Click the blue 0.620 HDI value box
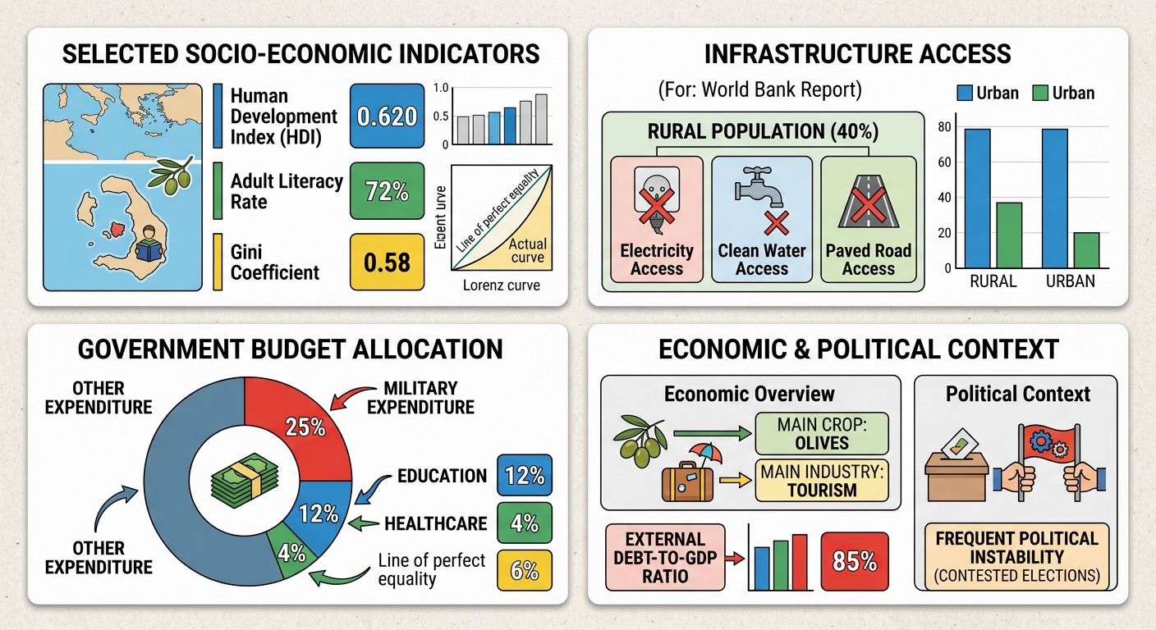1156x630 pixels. click(x=387, y=116)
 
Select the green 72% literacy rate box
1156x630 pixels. click(x=387, y=191)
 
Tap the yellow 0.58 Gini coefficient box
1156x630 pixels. click(x=387, y=262)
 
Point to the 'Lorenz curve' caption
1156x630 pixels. click(x=501, y=285)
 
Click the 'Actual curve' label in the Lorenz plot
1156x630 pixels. click(x=527, y=250)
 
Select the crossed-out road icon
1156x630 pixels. click(x=869, y=202)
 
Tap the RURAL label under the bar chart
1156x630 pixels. click(x=993, y=281)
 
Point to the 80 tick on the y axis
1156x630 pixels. click(x=944, y=127)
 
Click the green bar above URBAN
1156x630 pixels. click(x=1086, y=250)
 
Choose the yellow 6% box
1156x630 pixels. click(x=525, y=570)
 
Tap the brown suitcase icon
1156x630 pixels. click(x=687, y=482)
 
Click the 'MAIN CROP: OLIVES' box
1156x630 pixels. click(x=822, y=434)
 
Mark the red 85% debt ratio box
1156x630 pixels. click(x=855, y=561)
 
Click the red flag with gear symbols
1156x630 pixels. click(x=1048, y=445)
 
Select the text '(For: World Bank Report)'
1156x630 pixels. click(x=759, y=89)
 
